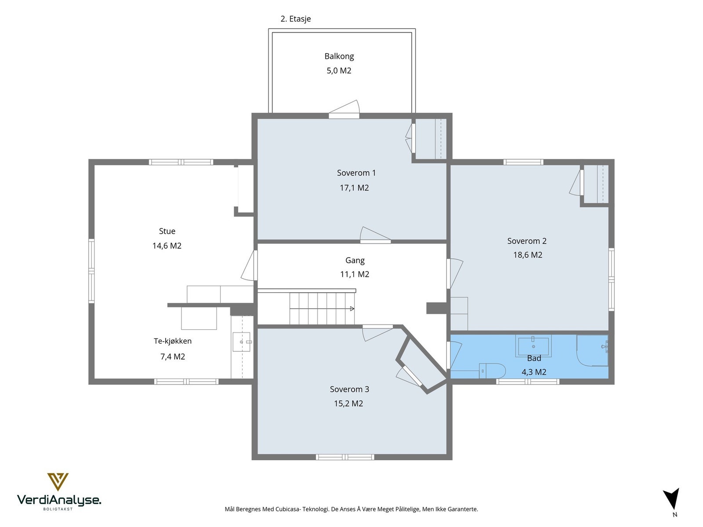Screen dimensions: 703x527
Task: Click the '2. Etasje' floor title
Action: [x=295, y=19]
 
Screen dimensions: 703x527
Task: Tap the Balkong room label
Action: [x=339, y=56]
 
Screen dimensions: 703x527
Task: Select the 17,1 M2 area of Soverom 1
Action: [x=354, y=188]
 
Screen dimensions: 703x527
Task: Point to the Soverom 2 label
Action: [x=526, y=241]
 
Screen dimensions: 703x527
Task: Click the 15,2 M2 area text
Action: [x=348, y=404]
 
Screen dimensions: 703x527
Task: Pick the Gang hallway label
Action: [x=355, y=260]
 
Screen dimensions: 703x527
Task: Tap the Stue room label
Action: [x=167, y=231]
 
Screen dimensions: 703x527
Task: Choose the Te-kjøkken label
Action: [x=172, y=341]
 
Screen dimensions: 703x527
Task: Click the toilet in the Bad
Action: [x=492, y=371]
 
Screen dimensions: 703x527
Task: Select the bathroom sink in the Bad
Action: [x=533, y=346]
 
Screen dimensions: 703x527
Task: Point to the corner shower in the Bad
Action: [x=592, y=350]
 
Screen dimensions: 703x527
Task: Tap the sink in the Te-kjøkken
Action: [x=241, y=342]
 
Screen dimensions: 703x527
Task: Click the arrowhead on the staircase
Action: [x=351, y=309]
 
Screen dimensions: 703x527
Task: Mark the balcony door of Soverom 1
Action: [x=344, y=110]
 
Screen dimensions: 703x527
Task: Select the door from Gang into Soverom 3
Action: [x=377, y=333]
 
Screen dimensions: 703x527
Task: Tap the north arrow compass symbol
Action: [x=672, y=499]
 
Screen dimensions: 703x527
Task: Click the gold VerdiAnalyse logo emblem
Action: [x=58, y=482]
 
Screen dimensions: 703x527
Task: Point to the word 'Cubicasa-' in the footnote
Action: [x=288, y=509]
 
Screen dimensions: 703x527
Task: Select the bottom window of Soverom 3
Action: [x=345, y=457]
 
